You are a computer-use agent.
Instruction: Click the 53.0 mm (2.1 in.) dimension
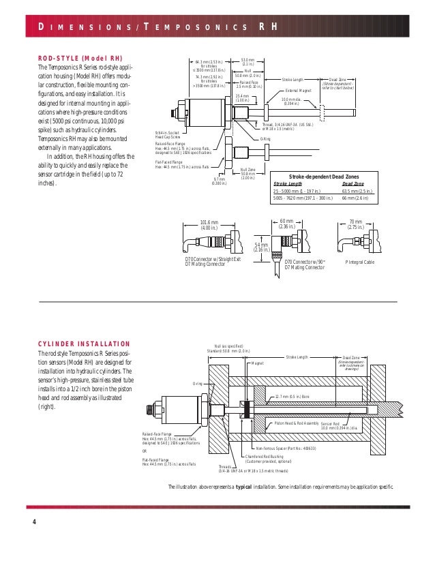click(x=248, y=62)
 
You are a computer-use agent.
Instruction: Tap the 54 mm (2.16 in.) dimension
click(x=262, y=247)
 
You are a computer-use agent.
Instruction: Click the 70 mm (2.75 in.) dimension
click(x=355, y=224)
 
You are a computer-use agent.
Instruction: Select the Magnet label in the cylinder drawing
click(x=257, y=363)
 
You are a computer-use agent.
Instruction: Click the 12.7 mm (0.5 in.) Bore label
click(x=294, y=395)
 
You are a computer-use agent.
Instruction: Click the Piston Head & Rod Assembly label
click(x=296, y=423)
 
